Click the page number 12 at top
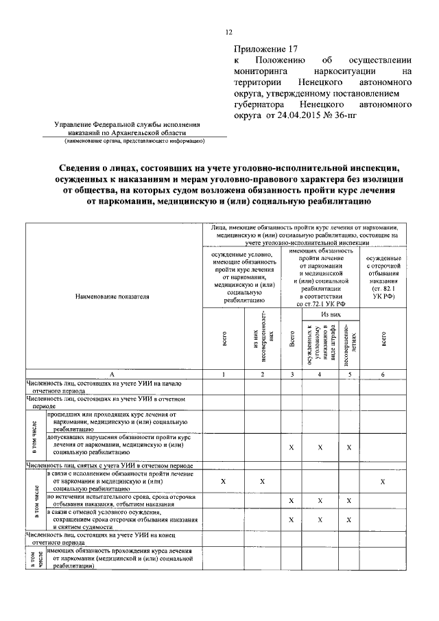(229, 32)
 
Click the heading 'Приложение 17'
(267, 49)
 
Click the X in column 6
(383, 482)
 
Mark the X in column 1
(223, 482)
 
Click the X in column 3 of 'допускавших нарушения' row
(292, 447)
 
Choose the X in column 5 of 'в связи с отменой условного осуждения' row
(349, 519)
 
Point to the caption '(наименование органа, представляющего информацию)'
(135, 142)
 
